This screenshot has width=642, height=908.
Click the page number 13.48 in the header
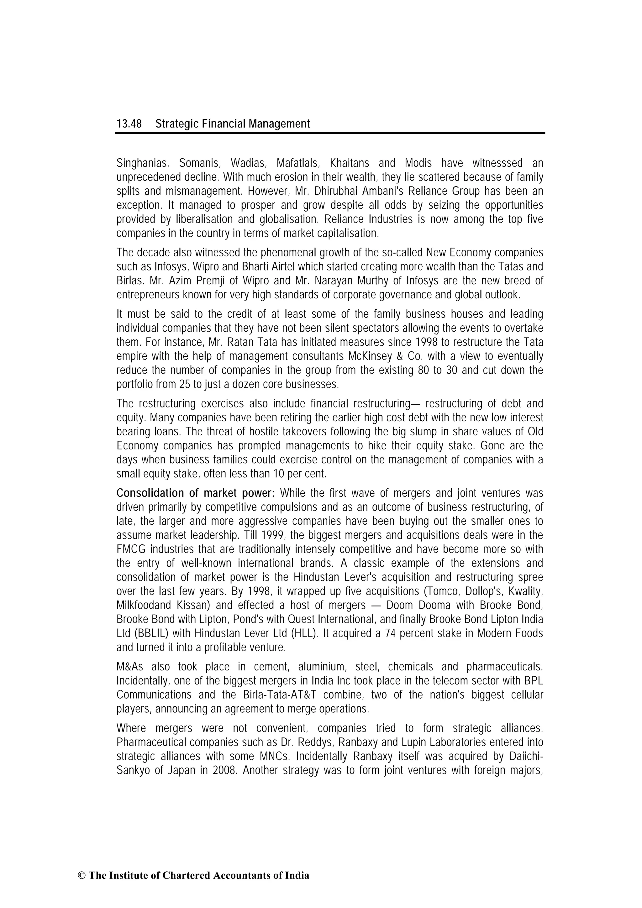(129, 124)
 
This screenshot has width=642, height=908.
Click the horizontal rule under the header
(330, 133)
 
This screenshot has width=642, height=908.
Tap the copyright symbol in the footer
(82, 876)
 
